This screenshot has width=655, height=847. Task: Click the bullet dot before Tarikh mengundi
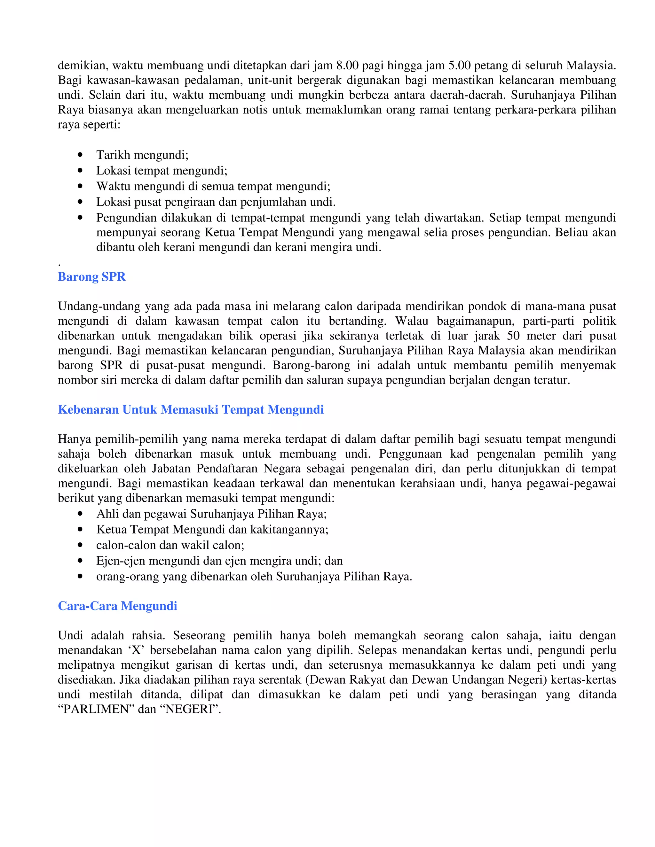click(x=80, y=155)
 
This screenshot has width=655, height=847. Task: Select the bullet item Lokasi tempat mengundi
click(x=162, y=171)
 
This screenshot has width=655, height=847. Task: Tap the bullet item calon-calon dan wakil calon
click(x=170, y=545)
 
